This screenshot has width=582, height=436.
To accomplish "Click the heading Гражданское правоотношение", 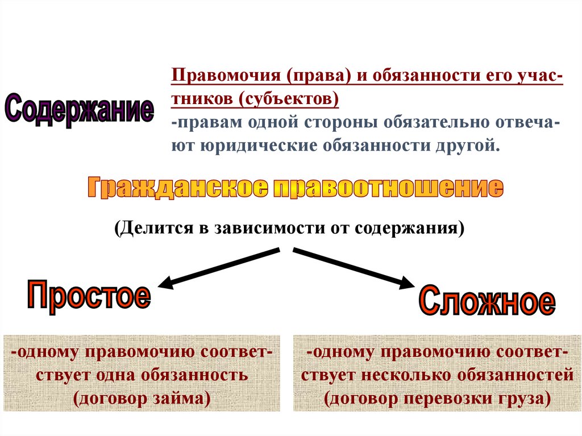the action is (x=295, y=188).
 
